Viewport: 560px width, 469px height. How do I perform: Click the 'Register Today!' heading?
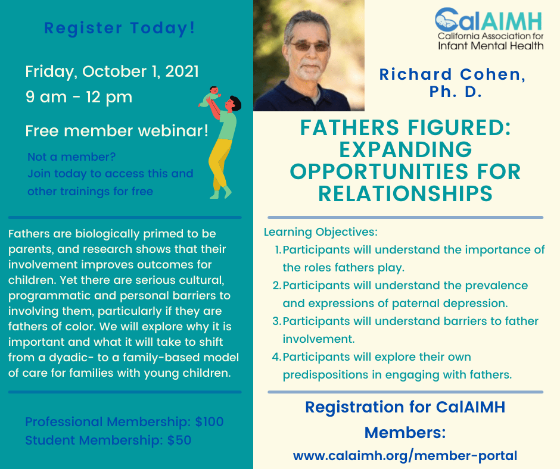[120, 27]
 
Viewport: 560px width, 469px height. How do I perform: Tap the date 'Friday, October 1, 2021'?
[112, 71]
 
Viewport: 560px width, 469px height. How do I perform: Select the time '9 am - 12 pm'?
[79, 96]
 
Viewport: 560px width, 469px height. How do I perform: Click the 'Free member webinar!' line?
[117, 131]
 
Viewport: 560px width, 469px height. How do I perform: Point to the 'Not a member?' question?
[71, 157]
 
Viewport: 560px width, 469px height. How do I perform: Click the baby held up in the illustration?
[211, 96]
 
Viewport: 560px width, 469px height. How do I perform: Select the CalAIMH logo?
[489, 29]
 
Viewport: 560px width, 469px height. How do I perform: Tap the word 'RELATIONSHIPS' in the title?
[405, 193]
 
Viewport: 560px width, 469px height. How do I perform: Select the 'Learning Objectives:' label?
[321, 232]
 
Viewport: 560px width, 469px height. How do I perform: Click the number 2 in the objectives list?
[276, 286]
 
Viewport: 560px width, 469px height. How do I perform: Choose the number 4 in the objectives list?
[276, 357]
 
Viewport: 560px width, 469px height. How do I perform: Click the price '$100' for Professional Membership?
[209, 422]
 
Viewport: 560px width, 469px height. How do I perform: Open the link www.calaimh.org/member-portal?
[405, 456]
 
